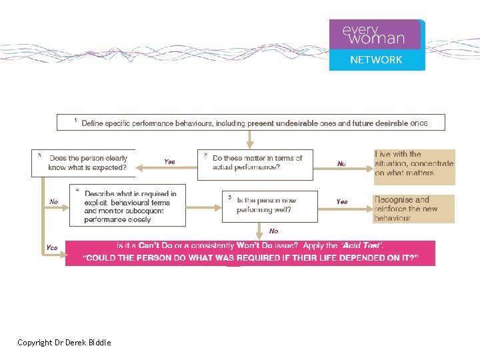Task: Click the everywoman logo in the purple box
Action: [373, 35]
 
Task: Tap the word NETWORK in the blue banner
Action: [376, 60]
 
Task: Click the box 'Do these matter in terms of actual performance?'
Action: [255, 164]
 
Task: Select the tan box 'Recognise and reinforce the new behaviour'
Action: [414, 208]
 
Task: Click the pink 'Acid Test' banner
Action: [250, 253]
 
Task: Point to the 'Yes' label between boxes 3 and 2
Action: [169, 162]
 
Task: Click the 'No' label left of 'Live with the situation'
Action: [341, 163]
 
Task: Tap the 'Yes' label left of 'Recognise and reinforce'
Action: [341, 201]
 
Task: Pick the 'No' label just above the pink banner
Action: [273, 231]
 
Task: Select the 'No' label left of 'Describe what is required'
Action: [54, 201]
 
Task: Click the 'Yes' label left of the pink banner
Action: [52, 248]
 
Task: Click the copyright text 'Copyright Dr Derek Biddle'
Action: [64, 343]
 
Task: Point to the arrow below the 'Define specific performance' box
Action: [249, 139]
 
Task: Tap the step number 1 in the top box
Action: [75, 121]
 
